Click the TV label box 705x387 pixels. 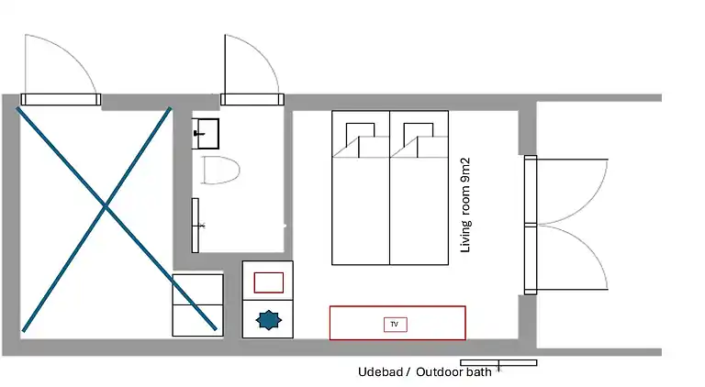(396, 324)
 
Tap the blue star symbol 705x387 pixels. (269, 320)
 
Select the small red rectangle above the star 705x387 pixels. (269, 282)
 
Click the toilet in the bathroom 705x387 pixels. (220, 170)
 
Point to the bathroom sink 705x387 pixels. (206, 133)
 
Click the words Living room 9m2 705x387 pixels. (465, 205)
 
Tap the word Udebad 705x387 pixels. (380, 371)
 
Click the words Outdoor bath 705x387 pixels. (453, 371)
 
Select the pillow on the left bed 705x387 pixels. (360, 134)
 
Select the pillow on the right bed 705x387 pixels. (419, 134)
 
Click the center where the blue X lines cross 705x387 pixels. (106, 206)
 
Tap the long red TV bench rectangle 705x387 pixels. (397, 323)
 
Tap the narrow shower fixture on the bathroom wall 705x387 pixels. (196, 226)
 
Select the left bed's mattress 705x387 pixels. (361, 188)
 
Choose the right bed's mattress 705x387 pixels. (419, 188)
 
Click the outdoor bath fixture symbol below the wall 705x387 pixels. (498, 363)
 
